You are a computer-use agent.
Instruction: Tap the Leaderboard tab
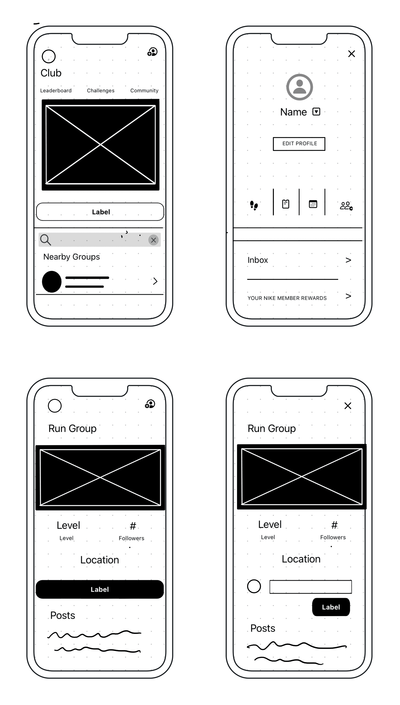56,91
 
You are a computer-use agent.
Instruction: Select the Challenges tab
101,91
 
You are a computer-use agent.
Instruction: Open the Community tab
144,91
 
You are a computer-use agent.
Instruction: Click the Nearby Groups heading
71,257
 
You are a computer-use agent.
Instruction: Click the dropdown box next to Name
316,112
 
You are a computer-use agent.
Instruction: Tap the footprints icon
254,205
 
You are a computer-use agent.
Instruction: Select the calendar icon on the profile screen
313,204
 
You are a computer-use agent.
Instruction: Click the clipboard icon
286,204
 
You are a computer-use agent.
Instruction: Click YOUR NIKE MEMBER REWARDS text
287,298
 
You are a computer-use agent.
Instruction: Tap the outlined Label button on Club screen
100,212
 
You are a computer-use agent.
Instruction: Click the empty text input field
310,587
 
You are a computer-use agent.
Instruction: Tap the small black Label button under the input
331,607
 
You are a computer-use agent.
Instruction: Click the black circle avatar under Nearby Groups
52,282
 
